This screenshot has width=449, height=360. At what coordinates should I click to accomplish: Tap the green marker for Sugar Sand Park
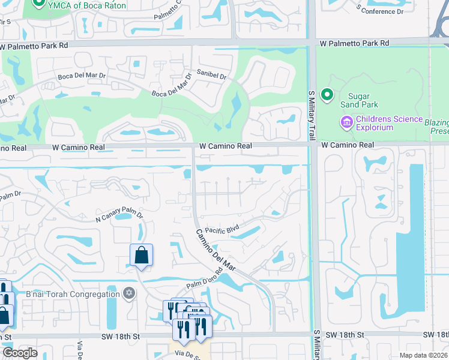click(x=327, y=95)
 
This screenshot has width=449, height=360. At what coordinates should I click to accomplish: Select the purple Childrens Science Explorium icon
click(x=346, y=123)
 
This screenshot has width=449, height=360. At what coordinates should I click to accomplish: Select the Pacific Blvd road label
click(x=222, y=230)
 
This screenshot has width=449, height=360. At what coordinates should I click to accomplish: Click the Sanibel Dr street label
click(x=212, y=76)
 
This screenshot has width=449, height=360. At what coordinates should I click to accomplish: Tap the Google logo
click(x=20, y=353)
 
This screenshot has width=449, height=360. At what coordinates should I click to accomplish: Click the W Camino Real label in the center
click(x=225, y=146)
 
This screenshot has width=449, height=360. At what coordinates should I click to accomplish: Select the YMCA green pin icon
click(x=40, y=4)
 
